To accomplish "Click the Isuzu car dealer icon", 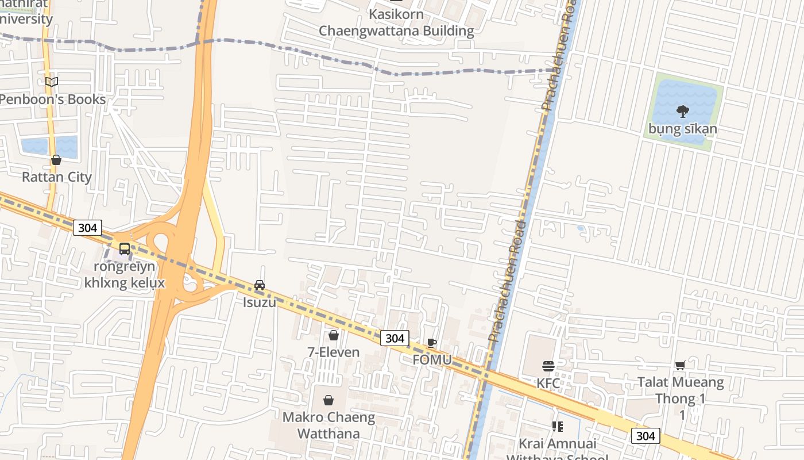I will click(x=260, y=285).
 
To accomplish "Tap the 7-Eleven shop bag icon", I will click(x=334, y=335).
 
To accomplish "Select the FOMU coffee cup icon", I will click(x=432, y=343).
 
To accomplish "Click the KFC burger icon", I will click(x=548, y=366).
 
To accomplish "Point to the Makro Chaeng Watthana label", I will click(x=328, y=425).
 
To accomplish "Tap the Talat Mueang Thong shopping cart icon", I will click(x=680, y=365).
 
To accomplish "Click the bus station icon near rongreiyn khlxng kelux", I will click(x=125, y=249).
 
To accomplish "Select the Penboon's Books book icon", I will click(x=52, y=82).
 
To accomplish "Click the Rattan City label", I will click(x=57, y=177).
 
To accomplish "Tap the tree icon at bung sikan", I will click(x=682, y=110).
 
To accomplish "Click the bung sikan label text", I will click(x=683, y=129).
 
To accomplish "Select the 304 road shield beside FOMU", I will click(x=395, y=338).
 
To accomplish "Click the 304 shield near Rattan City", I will click(x=87, y=228).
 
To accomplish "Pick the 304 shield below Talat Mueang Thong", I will click(x=645, y=436).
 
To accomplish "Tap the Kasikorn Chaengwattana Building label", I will click(x=396, y=22).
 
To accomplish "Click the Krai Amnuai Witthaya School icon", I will click(x=557, y=427).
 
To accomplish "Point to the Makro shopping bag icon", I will click(x=328, y=400).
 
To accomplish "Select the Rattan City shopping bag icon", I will click(x=56, y=160).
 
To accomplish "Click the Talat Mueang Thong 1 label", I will click(x=681, y=390).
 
